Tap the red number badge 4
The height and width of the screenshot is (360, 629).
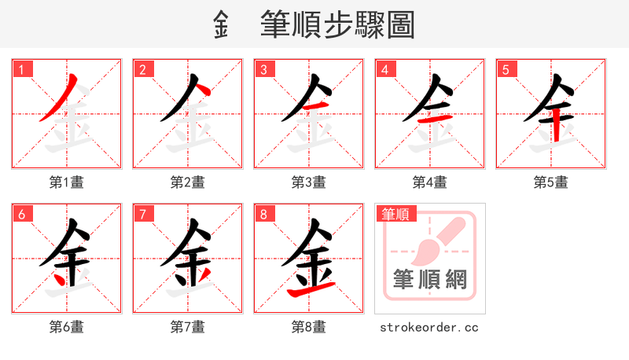coord(385,70)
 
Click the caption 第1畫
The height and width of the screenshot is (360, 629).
coord(67,182)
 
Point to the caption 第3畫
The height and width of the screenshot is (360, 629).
coord(309,182)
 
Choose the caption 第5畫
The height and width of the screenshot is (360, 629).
coord(551,182)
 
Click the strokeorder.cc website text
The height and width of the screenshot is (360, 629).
coord(429,327)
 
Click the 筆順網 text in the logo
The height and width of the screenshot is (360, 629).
coord(429,280)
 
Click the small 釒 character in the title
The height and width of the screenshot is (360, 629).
coord(221,26)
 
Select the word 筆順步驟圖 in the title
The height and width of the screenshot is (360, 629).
coord(337,26)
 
